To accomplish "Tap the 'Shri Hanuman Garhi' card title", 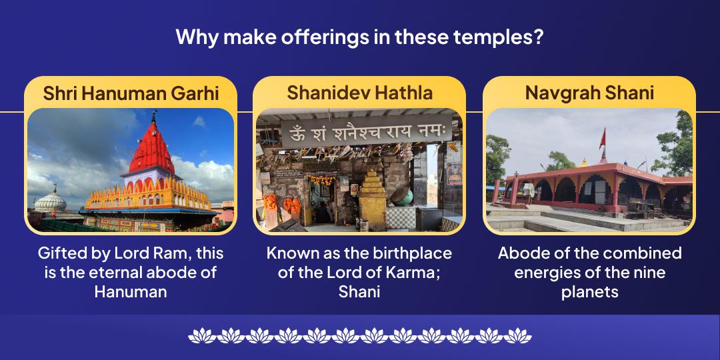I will [131, 93].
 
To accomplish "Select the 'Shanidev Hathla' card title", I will [359, 93].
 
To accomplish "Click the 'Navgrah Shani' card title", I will [589, 93].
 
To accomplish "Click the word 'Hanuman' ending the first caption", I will [131, 291].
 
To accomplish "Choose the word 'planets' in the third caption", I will [589, 291].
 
